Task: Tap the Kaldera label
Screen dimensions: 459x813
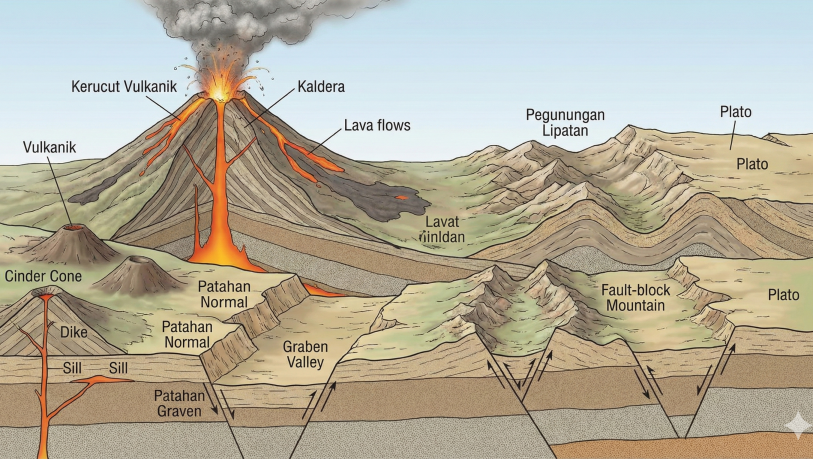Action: coord(320,87)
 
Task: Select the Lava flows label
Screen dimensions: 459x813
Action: coord(377,126)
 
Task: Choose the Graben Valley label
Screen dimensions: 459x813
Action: coord(306,354)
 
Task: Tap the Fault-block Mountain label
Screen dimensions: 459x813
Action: coord(635,296)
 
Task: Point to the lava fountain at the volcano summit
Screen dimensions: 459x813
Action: coord(219,85)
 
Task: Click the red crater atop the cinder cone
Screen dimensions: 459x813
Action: coord(45,296)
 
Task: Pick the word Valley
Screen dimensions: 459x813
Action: coord(306,362)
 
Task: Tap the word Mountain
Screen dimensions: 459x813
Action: coord(635,304)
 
